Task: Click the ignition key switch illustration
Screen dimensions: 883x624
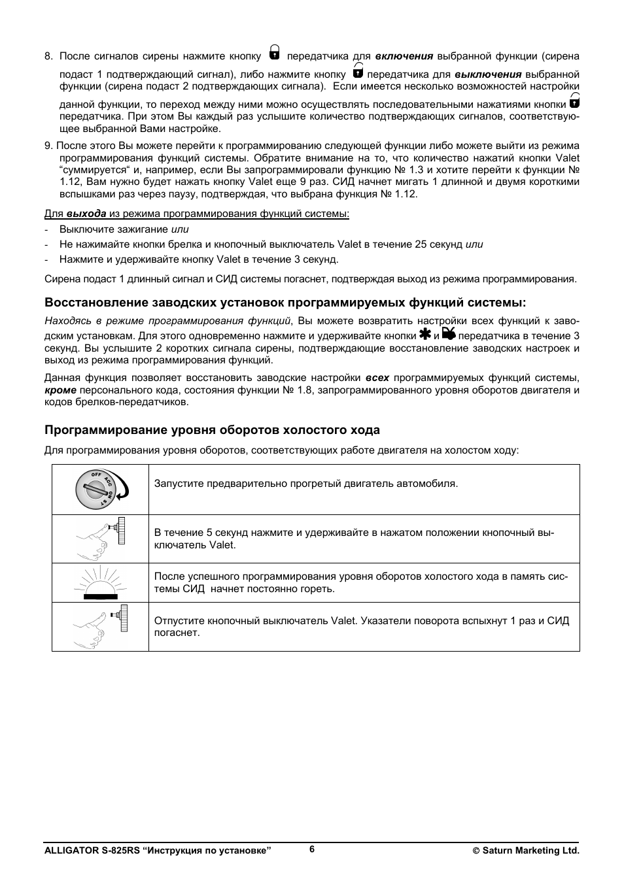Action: pos(101,490)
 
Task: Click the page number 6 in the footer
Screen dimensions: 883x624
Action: pos(312,848)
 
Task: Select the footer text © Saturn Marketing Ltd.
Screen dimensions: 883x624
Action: pos(526,850)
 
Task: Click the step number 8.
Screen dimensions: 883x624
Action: pos(48,56)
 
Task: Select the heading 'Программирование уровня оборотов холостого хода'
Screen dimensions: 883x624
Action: pos(212,430)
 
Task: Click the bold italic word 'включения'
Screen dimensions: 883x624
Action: pos(404,56)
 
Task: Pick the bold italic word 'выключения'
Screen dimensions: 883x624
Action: pos(487,75)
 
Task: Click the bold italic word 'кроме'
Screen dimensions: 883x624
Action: pos(60,390)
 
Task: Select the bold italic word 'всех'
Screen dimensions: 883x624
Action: pos(377,378)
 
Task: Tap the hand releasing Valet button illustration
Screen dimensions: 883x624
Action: pos(101,626)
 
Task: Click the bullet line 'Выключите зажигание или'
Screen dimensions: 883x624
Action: pos(124,229)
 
